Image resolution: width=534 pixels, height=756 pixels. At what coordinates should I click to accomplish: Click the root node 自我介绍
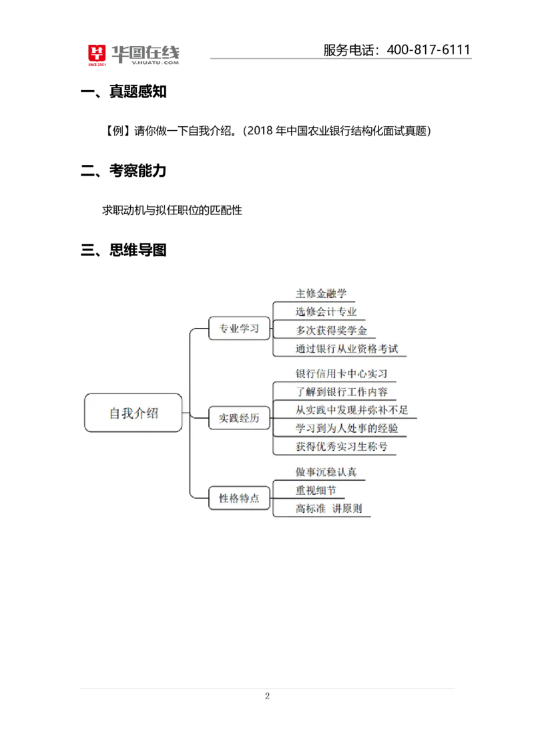click(x=133, y=413)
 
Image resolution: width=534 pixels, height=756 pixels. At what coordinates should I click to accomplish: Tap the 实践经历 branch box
click(x=238, y=419)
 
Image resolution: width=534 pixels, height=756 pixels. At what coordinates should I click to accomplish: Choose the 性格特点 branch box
click(x=238, y=498)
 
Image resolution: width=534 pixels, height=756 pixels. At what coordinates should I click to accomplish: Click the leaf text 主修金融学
click(x=321, y=293)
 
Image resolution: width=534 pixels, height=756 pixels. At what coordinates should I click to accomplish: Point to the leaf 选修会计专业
click(x=326, y=311)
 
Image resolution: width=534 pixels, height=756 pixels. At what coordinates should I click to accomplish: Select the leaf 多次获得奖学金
click(x=331, y=330)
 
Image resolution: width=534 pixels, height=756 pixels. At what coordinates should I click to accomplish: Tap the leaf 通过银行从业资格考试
click(x=346, y=349)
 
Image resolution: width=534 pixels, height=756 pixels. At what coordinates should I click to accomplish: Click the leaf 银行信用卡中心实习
click(x=341, y=373)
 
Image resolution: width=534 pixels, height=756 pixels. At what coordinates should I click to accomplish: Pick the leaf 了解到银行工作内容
click(x=341, y=391)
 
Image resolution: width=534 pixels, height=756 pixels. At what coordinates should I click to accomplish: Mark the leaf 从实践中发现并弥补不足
click(x=352, y=410)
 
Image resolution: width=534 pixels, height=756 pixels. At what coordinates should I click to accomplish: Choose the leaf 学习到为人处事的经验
click(x=346, y=428)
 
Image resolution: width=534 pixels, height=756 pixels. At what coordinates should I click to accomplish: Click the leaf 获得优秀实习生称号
click(x=341, y=446)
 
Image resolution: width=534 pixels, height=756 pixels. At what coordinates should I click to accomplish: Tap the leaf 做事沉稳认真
click(x=326, y=472)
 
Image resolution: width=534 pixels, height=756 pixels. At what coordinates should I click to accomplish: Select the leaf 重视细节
click(x=316, y=490)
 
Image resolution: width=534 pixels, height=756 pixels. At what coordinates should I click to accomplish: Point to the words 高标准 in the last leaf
click(x=310, y=509)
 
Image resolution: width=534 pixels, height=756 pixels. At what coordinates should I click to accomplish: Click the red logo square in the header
click(x=97, y=56)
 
